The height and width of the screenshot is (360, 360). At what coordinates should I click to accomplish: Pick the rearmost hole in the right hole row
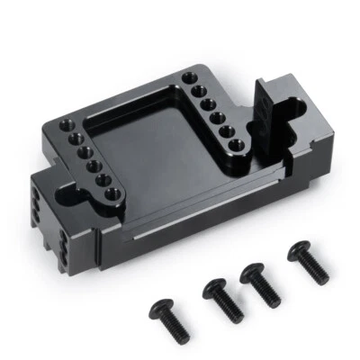point(189,80)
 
